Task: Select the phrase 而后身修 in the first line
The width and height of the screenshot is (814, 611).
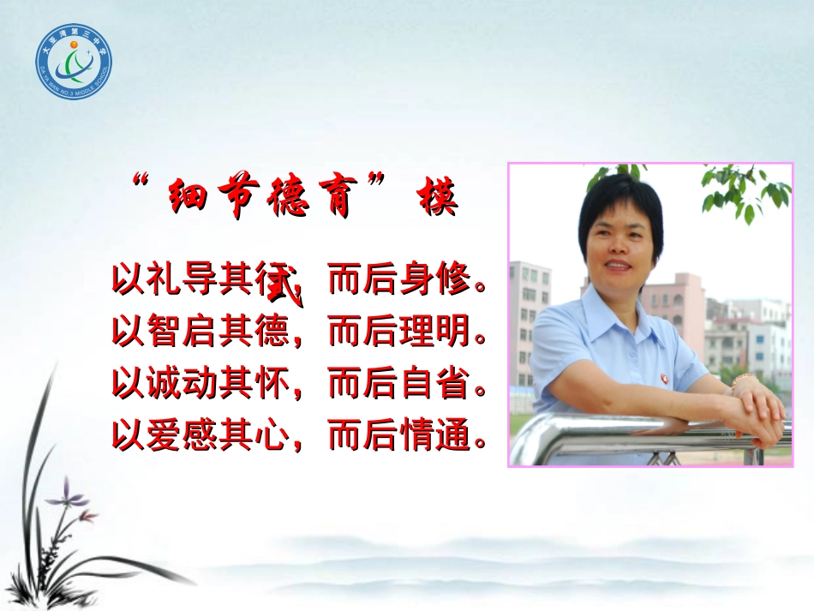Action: point(398,280)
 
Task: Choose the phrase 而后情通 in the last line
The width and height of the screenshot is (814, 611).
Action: point(398,437)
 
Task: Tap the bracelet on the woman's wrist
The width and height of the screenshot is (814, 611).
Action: point(742,380)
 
